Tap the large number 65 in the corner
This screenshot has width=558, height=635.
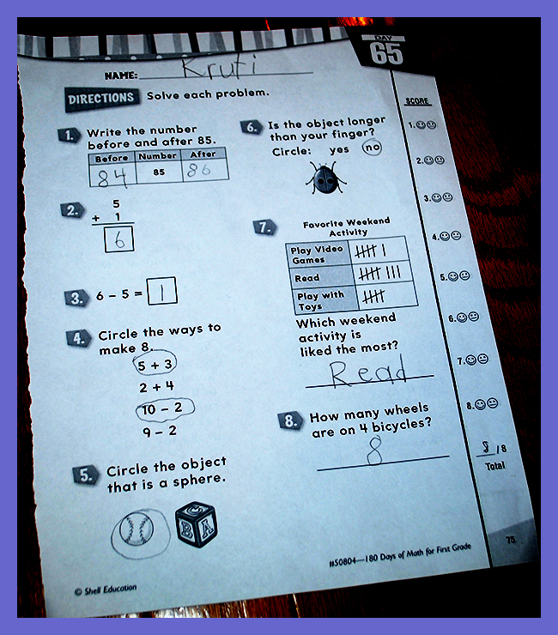386,54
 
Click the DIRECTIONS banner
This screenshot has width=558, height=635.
101,99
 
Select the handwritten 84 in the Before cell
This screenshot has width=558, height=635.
112,178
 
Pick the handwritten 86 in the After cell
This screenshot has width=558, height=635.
198,170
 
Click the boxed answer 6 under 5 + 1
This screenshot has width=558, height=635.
119,239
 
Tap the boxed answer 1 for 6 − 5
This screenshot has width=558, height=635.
161,291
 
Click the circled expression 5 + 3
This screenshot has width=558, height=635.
155,365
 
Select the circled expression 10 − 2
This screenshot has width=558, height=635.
165,408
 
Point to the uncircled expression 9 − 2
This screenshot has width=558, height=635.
160,431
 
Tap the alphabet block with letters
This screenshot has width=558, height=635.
197,525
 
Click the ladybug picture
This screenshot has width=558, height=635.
326,178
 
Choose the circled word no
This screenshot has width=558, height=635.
372,148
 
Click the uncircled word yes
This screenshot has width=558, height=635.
339,150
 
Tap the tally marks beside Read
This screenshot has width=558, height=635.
380,274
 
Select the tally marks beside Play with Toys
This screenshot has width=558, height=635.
373,297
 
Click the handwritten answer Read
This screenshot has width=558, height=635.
367,372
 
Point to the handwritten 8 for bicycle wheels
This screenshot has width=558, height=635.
374,452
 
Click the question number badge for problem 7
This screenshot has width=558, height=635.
265,227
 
